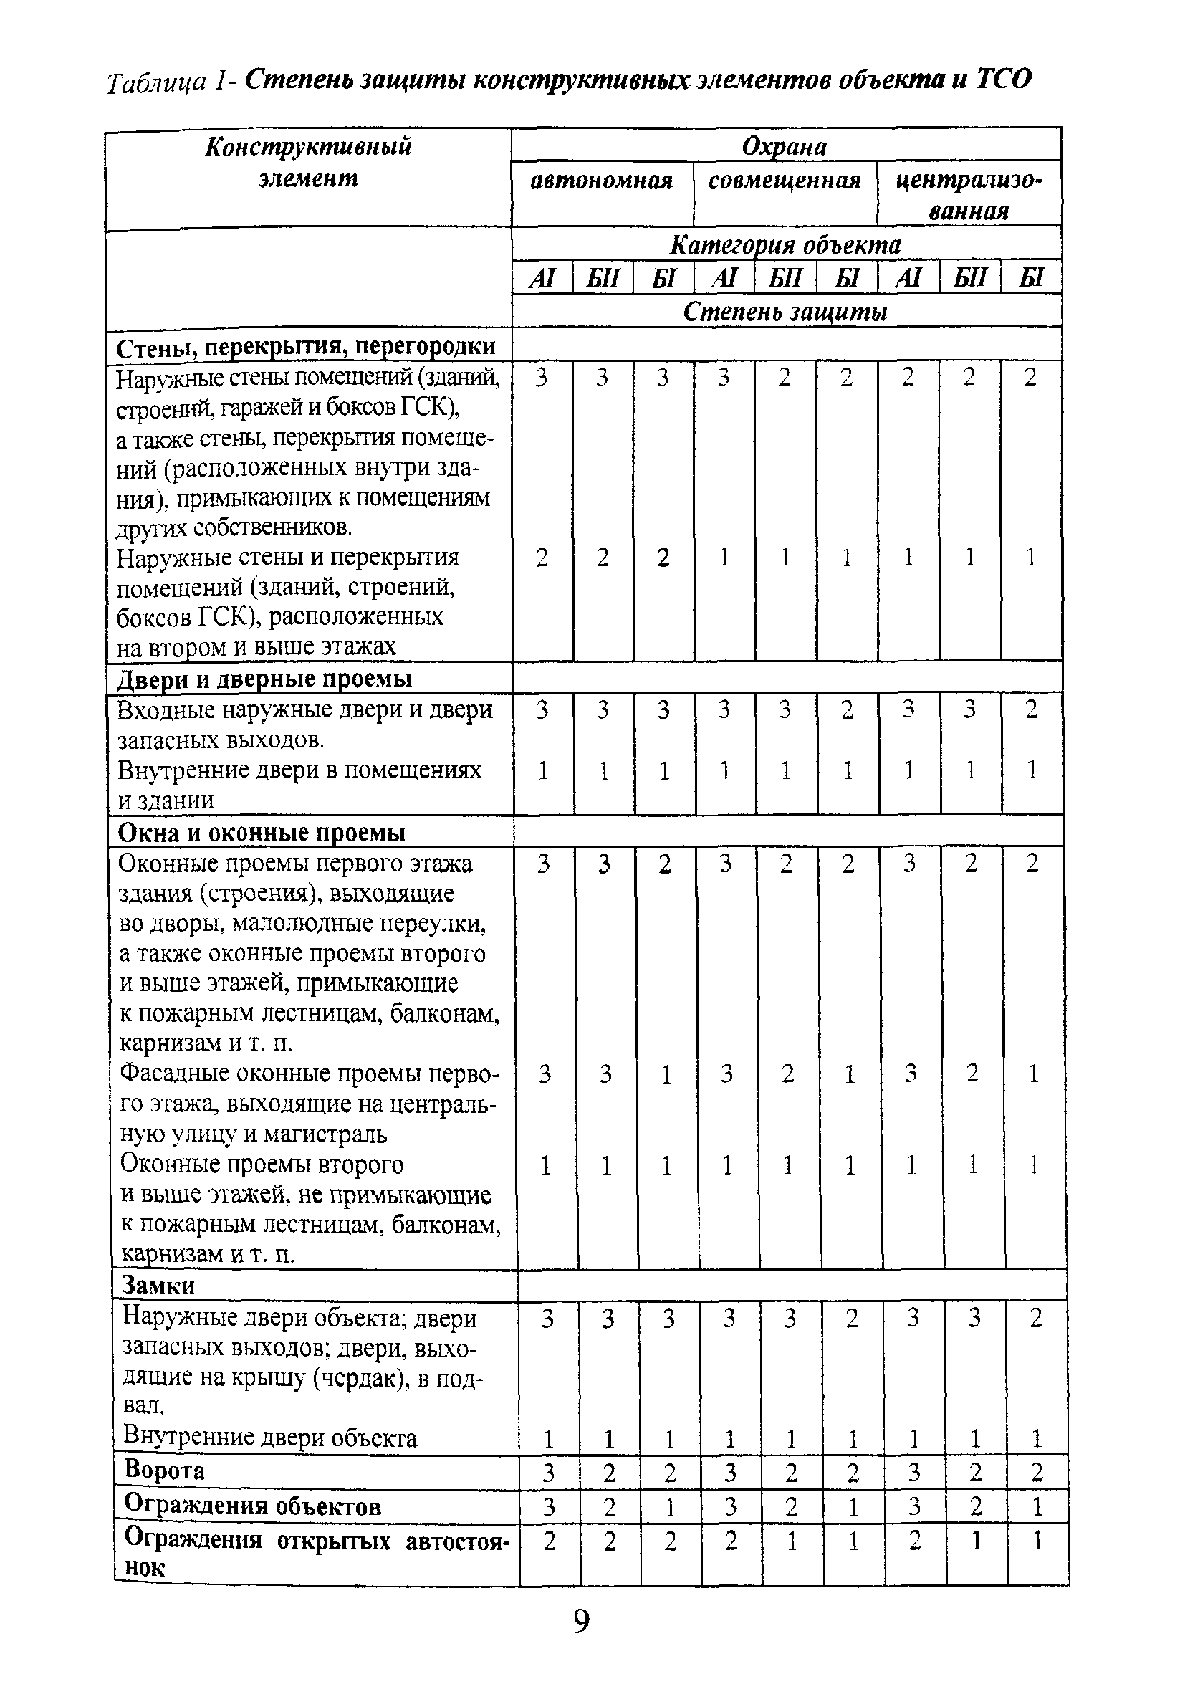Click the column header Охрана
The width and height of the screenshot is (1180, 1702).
click(x=785, y=146)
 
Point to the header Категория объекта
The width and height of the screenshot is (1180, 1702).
click(x=785, y=244)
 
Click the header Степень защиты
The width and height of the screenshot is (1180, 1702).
click(x=785, y=312)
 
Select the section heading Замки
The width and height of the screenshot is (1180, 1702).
click(x=158, y=1284)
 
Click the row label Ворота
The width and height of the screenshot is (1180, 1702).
click(x=164, y=1469)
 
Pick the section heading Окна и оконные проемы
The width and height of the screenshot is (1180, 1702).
click(x=262, y=833)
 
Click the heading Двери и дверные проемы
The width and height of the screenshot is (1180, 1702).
click(x=264, y=679)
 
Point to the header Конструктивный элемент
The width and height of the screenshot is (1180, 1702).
click(x=307, y=163)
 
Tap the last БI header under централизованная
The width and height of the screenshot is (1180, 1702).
click(x=1031, y=279)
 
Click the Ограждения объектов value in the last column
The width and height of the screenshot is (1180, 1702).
click(x=1037, y=1506)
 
